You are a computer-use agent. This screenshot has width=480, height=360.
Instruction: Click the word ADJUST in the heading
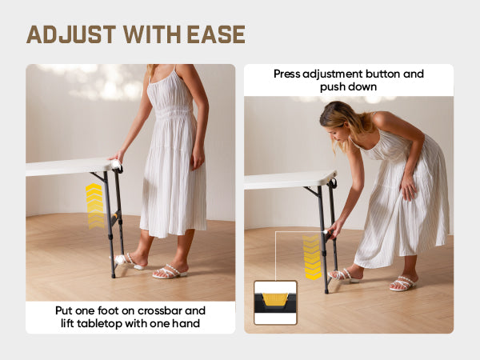71,34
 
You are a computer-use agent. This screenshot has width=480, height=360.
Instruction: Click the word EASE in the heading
216,34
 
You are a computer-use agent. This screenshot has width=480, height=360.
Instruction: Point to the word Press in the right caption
287,74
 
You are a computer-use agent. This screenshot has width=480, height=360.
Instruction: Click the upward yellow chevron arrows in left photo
95,206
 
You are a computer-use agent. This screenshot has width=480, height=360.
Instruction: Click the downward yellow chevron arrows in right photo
312,257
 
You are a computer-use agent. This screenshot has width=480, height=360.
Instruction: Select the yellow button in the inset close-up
275,299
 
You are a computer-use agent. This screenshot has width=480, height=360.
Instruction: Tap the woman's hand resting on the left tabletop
116,158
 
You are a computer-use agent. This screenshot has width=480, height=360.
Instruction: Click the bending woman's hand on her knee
409,187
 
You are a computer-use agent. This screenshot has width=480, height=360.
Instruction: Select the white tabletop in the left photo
70,167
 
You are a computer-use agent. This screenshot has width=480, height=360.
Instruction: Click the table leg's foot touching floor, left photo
114,275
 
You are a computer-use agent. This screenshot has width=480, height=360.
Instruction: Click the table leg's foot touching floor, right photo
326,290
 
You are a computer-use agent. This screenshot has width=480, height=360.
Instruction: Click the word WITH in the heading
152,34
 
